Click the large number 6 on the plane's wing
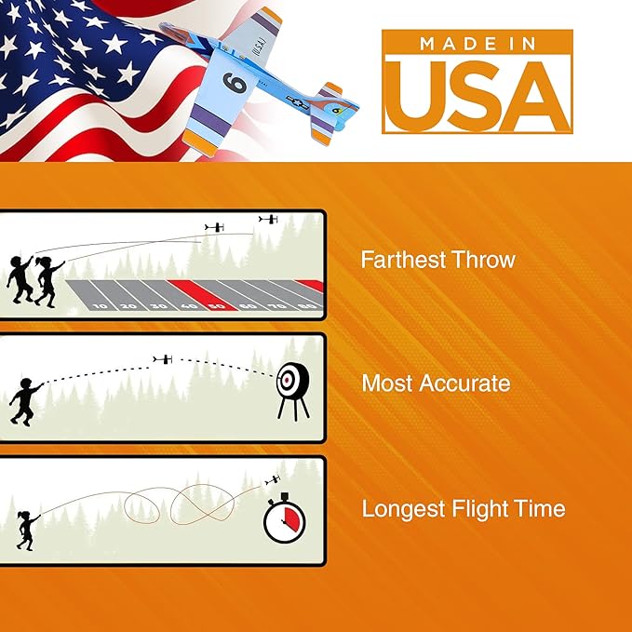[235, 82]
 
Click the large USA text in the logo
[477, 97]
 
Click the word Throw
[485, 259]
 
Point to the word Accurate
[464, 383]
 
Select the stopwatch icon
[284, 518]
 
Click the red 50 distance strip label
[217, 306]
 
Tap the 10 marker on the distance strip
[101, 306]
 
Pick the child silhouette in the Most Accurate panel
[25, 402]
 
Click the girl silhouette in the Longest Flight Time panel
[27, 531]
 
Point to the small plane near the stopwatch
[273, 480]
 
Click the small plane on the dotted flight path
[163, 359]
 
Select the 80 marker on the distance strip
[308, 306]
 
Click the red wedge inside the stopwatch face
[291, 518]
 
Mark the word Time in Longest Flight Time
[545, 508]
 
